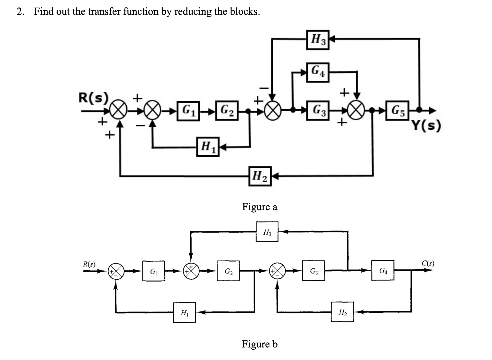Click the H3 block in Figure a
(318, 40)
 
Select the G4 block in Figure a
(318, 72)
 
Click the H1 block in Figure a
(208, 147)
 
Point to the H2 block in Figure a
(260, 176)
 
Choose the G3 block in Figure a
(318, 111)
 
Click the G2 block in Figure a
(227, 111)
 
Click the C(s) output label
(428, 264)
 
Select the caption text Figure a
(260, 207)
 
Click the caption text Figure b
(260, 344)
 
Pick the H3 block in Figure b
(267, 231)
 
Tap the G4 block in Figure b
(383, 271)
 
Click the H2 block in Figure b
(342, 311)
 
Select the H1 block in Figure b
(185, 312)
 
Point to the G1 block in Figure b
(154, 271)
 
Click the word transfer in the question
(105, 12)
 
